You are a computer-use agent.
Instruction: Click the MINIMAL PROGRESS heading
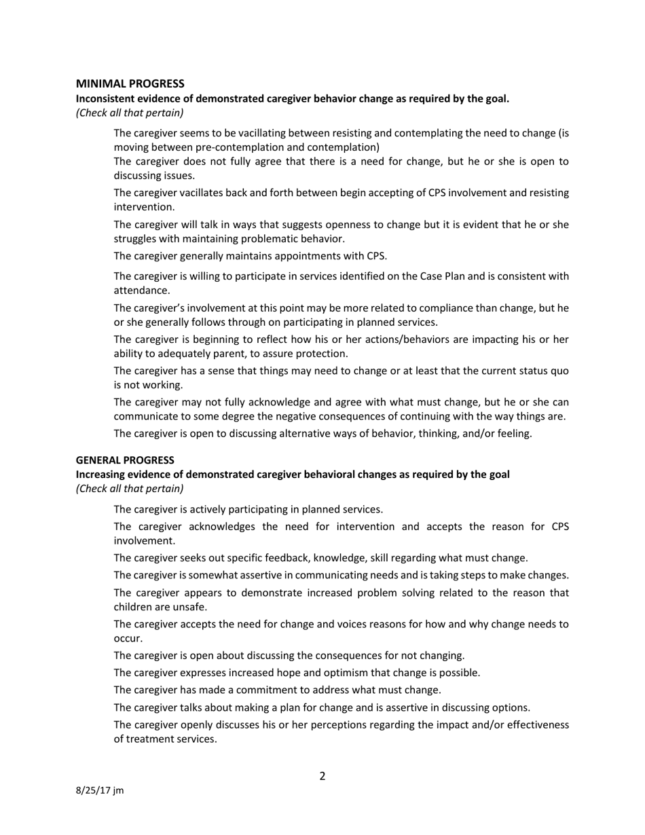(x=130, y=83)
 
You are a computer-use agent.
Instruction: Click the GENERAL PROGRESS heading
(x=125, y=460)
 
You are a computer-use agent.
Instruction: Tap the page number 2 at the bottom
(x=322, y=776)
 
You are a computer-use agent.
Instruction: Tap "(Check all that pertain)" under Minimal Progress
(x=130, y=113)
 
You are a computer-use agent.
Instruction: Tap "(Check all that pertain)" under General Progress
(x=130, y=488)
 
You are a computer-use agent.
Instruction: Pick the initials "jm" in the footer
(x=119, y=790)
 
